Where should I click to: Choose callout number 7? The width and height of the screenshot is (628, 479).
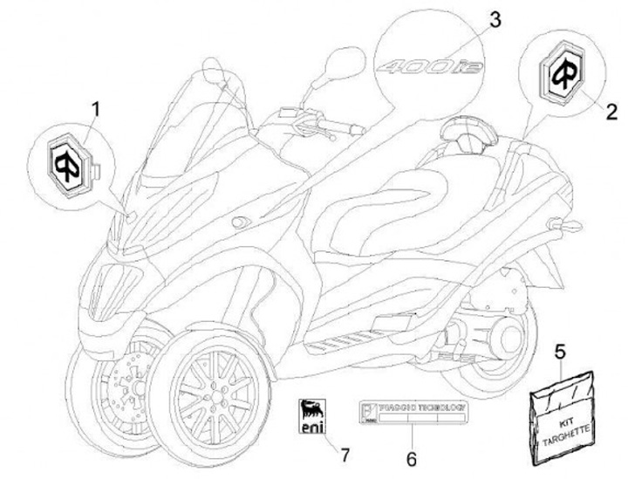point(346,455)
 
